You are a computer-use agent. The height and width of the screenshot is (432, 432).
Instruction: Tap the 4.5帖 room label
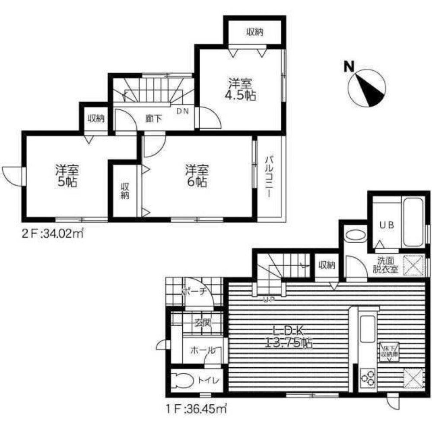[x=241, y=89]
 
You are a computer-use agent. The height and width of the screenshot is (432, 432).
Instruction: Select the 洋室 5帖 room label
[x=66, y=176]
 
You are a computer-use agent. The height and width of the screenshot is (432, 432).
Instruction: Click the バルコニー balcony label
[x=269, y=177]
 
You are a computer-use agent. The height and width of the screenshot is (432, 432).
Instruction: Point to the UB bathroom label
[x=384, y=225]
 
